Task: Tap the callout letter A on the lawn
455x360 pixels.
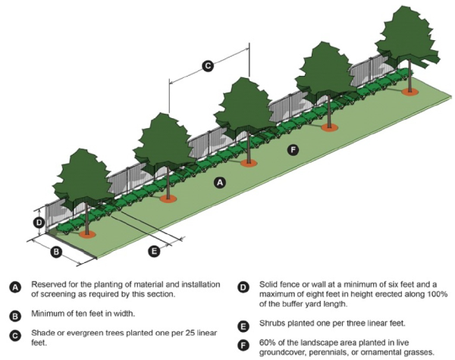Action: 220,183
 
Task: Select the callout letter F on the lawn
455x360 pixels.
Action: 293,150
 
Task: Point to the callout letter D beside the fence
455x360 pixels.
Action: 39,222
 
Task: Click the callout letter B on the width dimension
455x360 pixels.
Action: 55,251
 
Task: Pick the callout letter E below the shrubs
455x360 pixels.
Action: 154,250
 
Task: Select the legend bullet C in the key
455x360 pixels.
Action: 14,336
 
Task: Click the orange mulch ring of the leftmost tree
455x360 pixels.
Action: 88,235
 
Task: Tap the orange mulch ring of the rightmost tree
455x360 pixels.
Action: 410,92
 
